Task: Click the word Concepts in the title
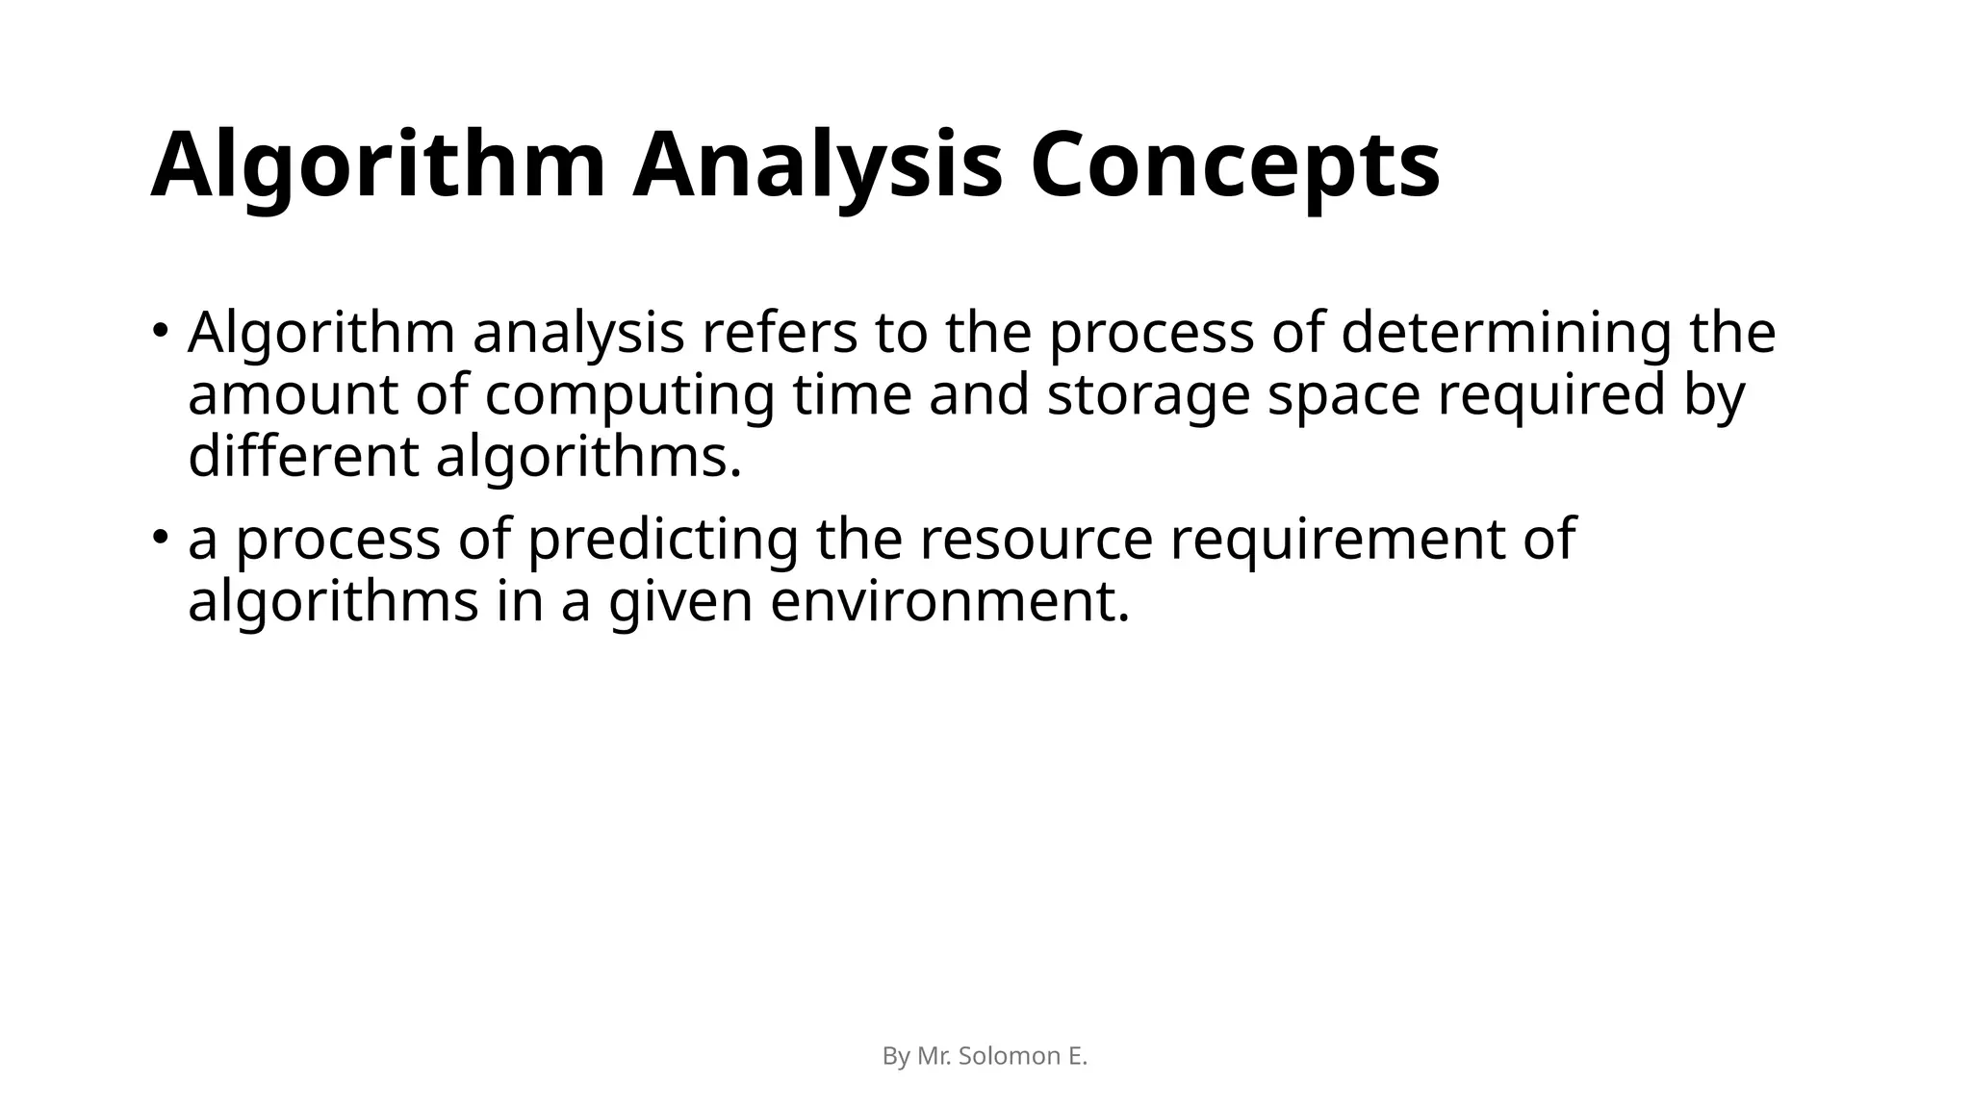(x=1235, y=165)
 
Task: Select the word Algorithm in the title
(x=378, y=165)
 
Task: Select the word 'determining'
(x=1506, y=333)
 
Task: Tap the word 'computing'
(x=629, y=395)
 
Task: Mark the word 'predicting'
(x=663, y=539)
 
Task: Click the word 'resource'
(x=1036, y=539)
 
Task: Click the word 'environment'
(x=949, y=602)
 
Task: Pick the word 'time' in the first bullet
(x=852, y=395)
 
